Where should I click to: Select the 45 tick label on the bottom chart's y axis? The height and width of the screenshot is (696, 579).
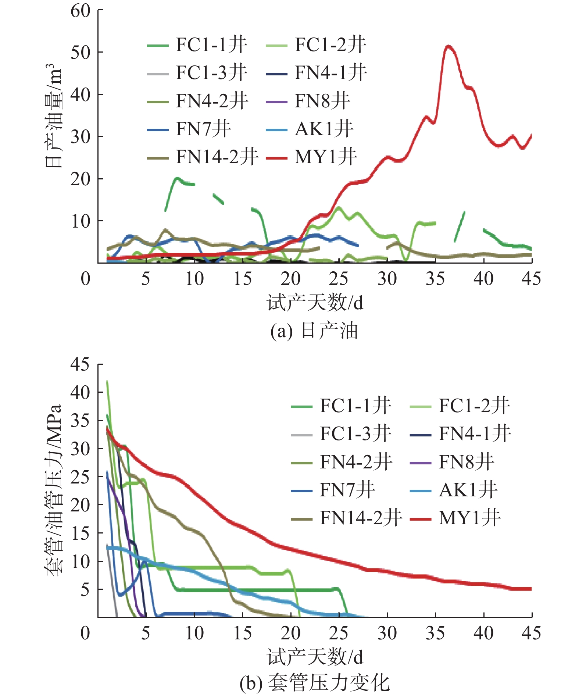80,364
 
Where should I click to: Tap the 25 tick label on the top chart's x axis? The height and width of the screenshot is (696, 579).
339,279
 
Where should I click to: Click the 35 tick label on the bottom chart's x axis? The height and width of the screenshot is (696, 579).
435,633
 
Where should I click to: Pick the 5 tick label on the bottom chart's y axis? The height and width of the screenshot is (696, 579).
85,590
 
